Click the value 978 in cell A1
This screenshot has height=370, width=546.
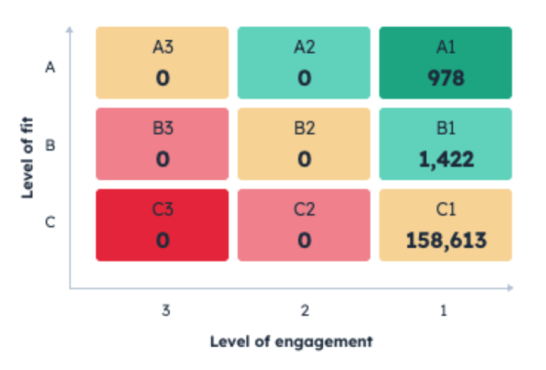[446, 78]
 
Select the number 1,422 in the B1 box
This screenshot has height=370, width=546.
[446, 159]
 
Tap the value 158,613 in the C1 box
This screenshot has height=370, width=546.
[446, 240]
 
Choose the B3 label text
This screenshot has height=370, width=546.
[163, 128]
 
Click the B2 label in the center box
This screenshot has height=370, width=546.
[305, 128]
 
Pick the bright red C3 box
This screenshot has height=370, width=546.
[163, 225]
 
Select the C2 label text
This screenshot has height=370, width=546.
[305, 209]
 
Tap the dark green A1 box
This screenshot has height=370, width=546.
[446, 62]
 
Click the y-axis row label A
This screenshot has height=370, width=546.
[51, 67]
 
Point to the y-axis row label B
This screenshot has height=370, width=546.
[51, 146]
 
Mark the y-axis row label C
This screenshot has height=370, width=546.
[51, 222]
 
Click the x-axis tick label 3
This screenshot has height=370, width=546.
[165, 311]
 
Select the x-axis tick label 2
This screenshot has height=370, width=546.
[305, 311]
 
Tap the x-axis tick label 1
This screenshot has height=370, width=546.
[444, 311]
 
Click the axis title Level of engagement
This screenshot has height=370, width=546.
[291, 342]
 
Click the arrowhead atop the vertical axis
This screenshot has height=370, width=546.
[70, 29]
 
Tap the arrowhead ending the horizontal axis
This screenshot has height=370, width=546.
[511, 288]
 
